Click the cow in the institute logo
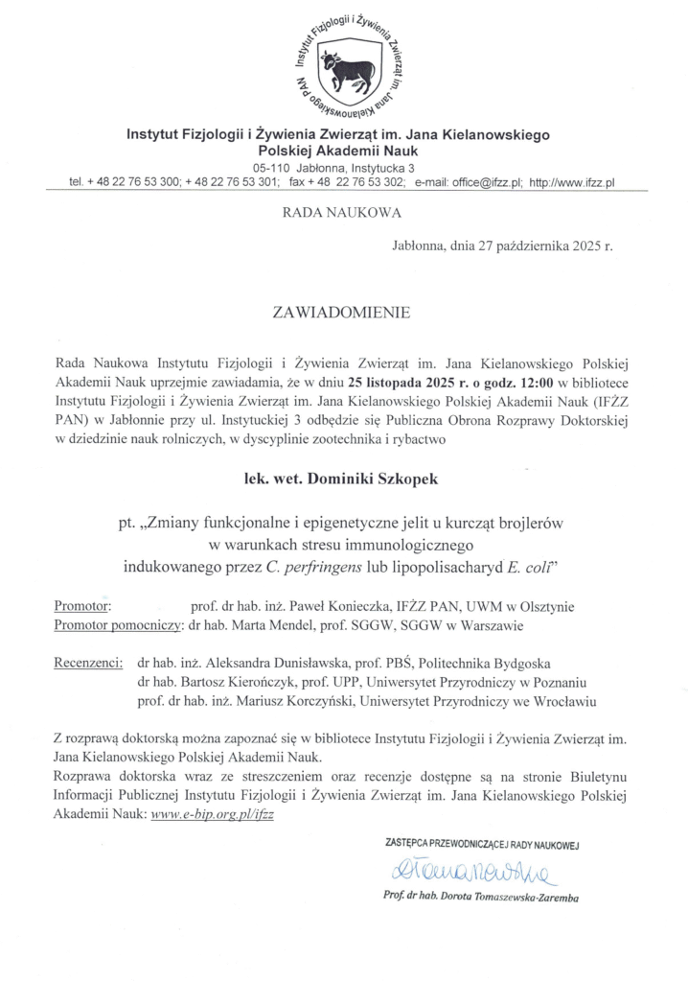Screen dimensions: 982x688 pyautogui.click(x=344, y=71)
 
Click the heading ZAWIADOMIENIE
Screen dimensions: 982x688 pyautogui.click(x=343, y=312)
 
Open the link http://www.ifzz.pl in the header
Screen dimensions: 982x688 pyautogui.click(x=573, y=181)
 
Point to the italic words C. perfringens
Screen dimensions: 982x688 pyautogui.click(x=307, y=566)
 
